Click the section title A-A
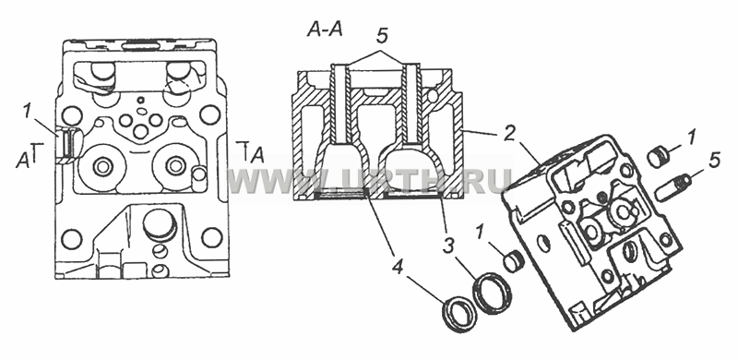tap(325, 30)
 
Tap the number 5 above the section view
tap(382, 34)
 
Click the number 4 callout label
tap(399, 269)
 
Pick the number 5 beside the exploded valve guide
tap(714, 161)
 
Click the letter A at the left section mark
tap(21, 161)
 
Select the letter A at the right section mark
tap(257, 155)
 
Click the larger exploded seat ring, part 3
tap(493, 294)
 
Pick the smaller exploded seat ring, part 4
tap(458, 314)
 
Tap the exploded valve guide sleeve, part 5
tap(674, 186)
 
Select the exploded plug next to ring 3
tap(514, 261)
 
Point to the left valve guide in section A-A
tap(339, 103)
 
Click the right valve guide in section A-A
tap(412, 103)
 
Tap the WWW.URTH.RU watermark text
tap(370, 181)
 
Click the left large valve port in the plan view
tap(102, 166)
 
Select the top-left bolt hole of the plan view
tap(72, 114)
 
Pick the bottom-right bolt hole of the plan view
tap(212, 237)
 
